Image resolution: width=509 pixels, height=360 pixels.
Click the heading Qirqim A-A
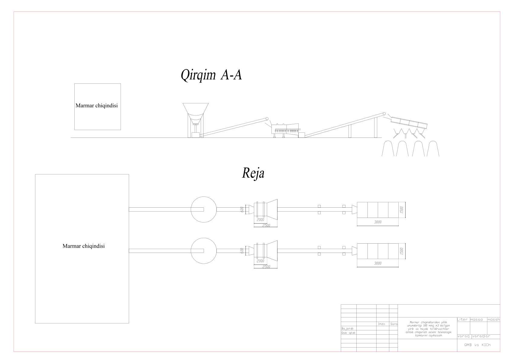[211, 75]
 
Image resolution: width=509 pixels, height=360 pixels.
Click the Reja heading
[253, 174]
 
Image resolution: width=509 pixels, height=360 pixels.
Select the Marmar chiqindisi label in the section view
[96, 106]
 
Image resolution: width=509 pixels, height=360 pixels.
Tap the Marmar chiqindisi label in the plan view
[83, 246]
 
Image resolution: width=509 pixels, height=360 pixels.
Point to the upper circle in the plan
[203, 209]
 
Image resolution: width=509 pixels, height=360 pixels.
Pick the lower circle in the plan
[203, 251]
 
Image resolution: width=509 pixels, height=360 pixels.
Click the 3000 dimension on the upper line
[378, 222]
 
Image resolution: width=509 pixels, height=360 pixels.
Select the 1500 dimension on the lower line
[402, 251]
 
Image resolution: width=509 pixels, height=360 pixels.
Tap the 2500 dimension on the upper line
[266, 225]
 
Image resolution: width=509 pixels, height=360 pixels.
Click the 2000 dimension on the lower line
[260, 261]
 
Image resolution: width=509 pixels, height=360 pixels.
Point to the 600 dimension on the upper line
[242, 209]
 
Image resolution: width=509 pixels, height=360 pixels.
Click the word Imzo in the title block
[382, 324]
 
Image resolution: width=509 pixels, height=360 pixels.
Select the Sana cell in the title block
[394, 324]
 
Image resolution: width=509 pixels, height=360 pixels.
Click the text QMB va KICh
[478, 345]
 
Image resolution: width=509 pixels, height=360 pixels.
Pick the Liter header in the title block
[462, 319]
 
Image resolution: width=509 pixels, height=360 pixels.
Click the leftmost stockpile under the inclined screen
[388, 149]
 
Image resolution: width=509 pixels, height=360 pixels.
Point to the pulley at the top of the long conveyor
[384, 114]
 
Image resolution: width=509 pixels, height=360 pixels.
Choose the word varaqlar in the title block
[481, 336]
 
